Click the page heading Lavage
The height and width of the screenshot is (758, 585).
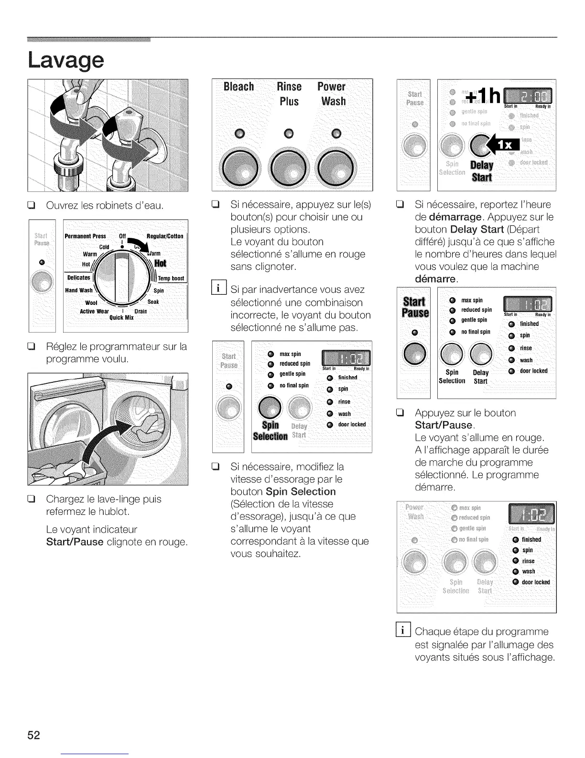pos(66,60)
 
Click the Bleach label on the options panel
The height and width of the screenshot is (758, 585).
pos(238,87)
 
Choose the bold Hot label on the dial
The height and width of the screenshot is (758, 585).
pos(161,263)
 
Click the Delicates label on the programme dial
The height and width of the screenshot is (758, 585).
pos(78,278)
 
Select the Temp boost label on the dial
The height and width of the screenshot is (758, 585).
pos(171,279)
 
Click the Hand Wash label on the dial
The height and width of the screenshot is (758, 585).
pos(79,290)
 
